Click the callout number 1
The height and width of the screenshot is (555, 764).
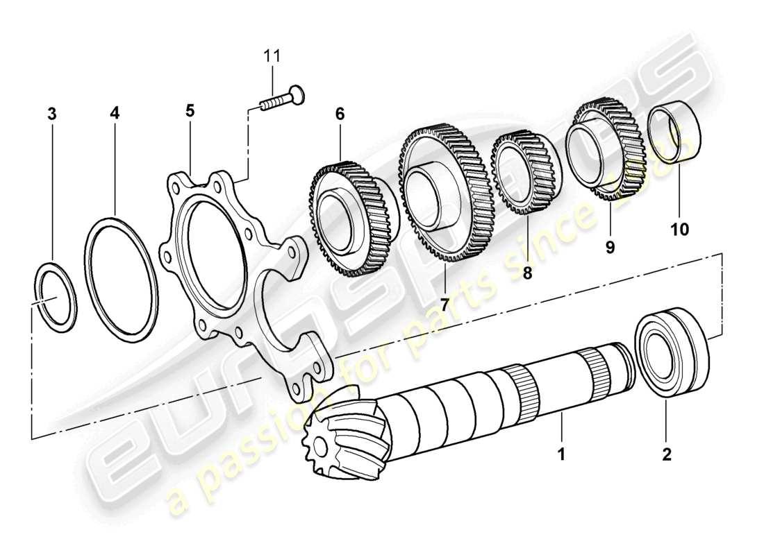point(561,456)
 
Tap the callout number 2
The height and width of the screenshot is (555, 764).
point(667,456)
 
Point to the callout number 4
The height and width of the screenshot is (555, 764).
point(115,113)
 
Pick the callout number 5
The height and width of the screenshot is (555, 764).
point(190,110)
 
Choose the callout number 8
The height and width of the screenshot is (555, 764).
point(526,273)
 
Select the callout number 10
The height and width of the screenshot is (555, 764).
point(679,229)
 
